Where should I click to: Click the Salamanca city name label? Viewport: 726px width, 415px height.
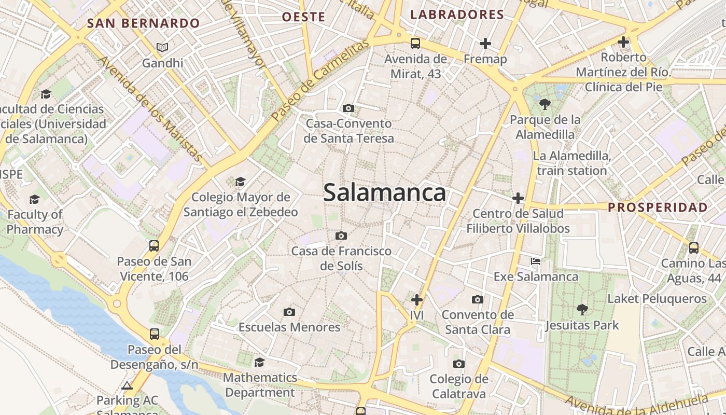[384, 193]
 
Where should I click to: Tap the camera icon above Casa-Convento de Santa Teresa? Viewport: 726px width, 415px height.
[348, 108]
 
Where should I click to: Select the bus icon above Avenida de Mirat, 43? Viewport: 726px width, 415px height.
[415, 43]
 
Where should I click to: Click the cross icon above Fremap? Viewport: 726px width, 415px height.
[485, 43]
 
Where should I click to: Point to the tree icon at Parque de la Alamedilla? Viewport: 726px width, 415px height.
[544, 104]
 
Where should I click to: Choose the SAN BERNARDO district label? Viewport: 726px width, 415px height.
[143, 23]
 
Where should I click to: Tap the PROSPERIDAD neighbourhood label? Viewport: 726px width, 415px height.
[658, 208]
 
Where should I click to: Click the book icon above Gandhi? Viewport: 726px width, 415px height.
[162, 48]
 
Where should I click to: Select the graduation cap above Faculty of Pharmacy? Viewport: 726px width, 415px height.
[34, 199]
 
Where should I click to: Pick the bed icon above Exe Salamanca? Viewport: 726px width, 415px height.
[536, 261]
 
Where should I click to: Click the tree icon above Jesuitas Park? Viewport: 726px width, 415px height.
[582, 310]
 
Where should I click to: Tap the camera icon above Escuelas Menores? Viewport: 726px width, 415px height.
[289, 312]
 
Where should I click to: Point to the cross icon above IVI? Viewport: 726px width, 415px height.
[417, 300]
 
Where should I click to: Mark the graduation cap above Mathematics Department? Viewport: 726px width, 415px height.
[259, 362]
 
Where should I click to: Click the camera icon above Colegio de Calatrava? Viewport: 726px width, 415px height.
[458, 364]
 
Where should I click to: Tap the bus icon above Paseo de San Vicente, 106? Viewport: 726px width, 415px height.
[154, 246]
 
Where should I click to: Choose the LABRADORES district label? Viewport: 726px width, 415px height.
[457, 15]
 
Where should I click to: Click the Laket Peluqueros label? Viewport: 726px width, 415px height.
[657, 299]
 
